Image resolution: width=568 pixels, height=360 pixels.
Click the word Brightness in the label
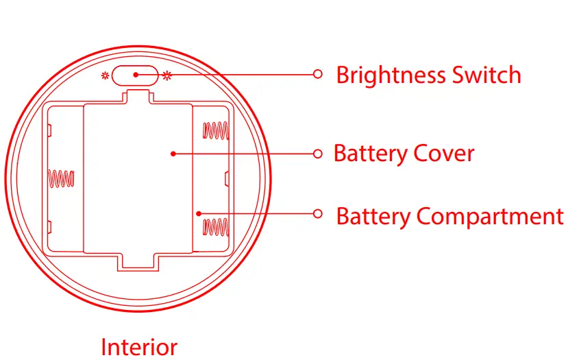click(391, 75)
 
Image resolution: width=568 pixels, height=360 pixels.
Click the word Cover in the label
click(443, 153)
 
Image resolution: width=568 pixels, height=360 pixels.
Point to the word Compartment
click(490, 217)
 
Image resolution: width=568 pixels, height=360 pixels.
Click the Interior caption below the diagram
click(139, 347)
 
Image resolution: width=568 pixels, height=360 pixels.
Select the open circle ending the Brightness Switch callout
click(317, 74)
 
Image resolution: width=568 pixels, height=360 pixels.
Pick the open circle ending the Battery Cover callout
click(317, 154)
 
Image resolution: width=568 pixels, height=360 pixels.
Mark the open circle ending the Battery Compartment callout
click(317, 213)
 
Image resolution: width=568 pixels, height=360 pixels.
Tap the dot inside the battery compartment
click(197, 213)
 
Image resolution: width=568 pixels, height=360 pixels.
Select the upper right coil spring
click(215, 130)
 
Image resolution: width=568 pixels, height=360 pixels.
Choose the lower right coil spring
click(215, 226)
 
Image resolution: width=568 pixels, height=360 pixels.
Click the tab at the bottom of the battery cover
click(139, 261)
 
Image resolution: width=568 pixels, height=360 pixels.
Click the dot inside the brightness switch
click(136, 74)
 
